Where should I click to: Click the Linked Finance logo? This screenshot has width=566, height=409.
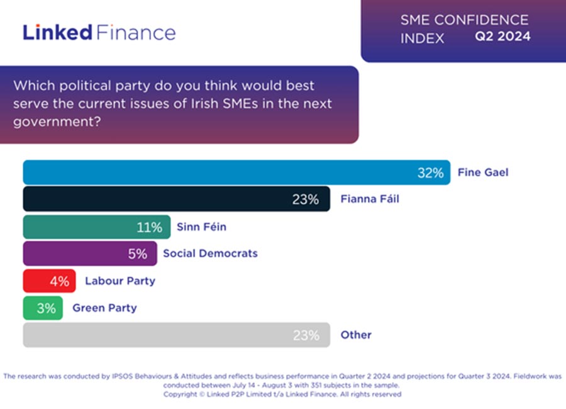coord(99,32)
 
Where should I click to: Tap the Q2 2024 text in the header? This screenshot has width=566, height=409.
coord(502,36)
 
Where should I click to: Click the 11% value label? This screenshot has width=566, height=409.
coord(149,227)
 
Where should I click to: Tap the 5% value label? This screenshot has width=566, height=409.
coord(137,254)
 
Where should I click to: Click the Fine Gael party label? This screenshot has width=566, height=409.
coord(483,172)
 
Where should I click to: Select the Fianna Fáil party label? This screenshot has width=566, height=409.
coord(370,200)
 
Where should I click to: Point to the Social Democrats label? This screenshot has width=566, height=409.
coord(210,254)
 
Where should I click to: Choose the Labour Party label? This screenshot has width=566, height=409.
coord(120,281)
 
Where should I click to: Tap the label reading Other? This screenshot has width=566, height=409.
coord(356,335)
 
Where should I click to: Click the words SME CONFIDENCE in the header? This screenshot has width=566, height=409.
coord(464,20)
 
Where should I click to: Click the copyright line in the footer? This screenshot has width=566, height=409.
coord(282,394)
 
